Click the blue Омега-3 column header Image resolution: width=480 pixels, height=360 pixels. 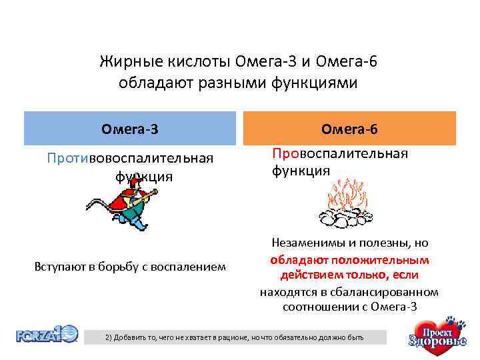[x=130, y=127]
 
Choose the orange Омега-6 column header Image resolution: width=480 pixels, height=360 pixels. [x=349, y=127]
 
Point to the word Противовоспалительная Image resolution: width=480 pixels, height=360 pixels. [x=130, y=159]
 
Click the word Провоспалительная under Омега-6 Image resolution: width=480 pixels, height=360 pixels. [x=339, y=154]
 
